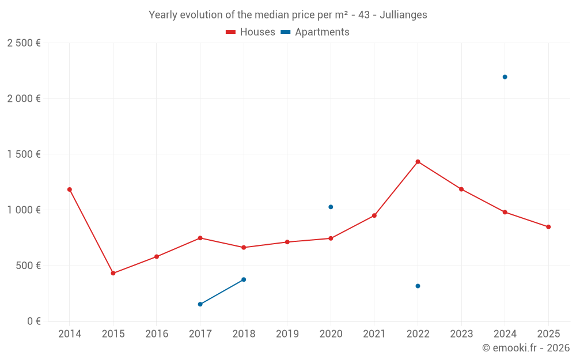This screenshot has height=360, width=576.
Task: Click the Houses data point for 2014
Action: point(70,190)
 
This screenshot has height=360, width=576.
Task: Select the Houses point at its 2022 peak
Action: point(418,162)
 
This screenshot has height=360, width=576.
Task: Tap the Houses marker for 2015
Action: point(113,273)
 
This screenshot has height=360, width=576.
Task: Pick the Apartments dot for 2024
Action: point(505,77)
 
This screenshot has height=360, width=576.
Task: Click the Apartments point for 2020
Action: point(331,207)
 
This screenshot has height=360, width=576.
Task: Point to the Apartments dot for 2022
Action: point(418,286)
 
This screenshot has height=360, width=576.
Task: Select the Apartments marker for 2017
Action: point(200,304)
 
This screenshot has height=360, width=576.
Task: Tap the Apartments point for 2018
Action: point(244,279)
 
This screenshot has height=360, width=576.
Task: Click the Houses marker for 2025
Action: point(548,227)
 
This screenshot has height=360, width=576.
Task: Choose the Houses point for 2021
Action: point(374,215)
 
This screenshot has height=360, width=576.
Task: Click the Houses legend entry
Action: point(251,32)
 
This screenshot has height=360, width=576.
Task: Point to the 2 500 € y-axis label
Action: point(24,43)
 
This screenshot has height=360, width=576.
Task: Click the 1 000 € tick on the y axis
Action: point(24,210)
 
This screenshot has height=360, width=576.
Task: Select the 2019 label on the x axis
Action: point(287,334)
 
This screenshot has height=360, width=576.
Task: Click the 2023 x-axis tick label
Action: point(461,334)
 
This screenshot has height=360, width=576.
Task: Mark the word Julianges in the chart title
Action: point(403,15)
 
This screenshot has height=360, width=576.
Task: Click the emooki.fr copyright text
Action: point(525,348)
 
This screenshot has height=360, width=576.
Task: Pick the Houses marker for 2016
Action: point(157,256)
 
